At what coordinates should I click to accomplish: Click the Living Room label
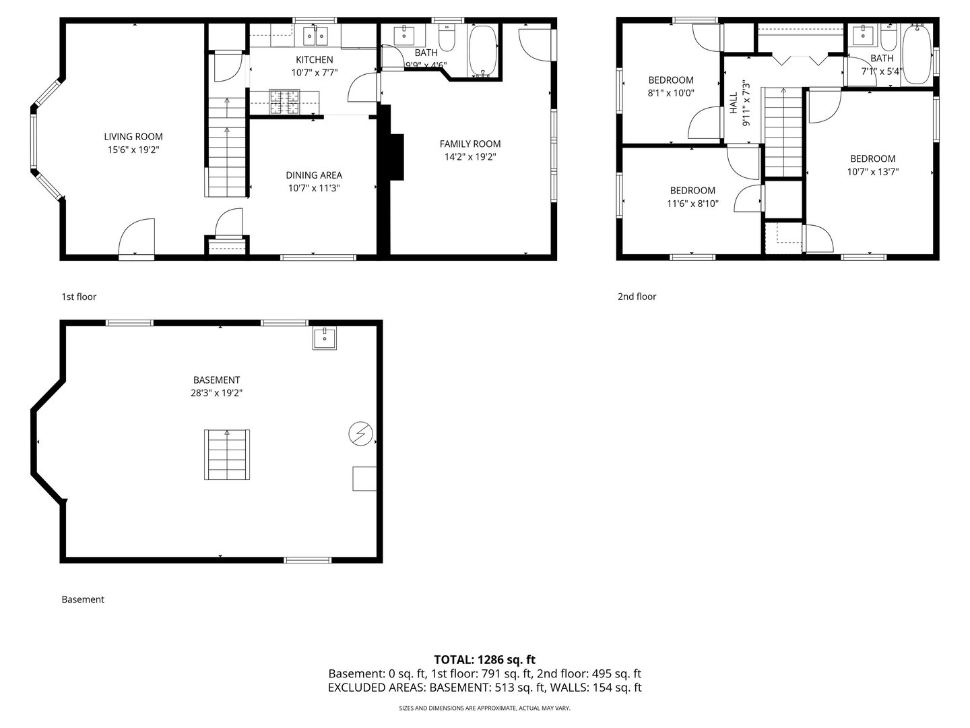click(133, 137)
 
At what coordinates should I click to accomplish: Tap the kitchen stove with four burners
click(284, 102)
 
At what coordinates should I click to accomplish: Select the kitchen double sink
click(314, 34)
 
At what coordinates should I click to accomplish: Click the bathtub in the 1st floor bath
click(483, 51)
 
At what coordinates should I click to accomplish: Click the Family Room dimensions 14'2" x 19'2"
click(470, 157)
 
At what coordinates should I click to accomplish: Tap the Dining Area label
click(313, 175)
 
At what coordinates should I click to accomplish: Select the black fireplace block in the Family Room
click(395, 157)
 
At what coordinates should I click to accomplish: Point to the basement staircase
click(227, 454)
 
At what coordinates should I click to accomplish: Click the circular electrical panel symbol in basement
click(359, 433)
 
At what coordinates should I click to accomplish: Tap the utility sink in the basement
click(324, 338)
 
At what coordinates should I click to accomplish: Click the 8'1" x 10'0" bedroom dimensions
click(671, 93)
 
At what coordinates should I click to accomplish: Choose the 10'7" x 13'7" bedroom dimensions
click(872, 171)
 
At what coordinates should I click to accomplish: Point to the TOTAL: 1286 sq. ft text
click(484, 659)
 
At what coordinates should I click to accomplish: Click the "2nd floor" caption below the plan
click(637, 297)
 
